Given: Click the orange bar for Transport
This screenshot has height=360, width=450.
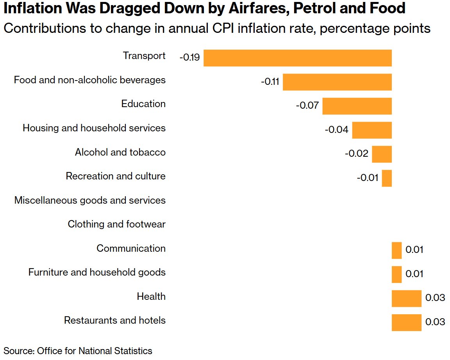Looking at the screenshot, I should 297,58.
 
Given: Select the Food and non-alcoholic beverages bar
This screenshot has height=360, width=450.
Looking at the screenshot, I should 337,82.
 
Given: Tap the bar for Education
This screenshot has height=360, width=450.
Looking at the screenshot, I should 357,106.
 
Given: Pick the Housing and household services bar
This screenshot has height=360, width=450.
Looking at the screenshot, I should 371,130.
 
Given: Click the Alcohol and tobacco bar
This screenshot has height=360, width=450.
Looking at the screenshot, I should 382,154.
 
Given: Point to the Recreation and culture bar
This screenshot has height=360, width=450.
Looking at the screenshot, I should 387,178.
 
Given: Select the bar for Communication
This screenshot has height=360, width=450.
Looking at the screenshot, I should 396,250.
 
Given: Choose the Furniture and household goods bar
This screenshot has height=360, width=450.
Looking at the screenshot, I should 396,274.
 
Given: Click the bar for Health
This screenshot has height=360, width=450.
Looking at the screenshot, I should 406,299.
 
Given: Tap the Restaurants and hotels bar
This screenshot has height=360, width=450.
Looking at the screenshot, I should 406,322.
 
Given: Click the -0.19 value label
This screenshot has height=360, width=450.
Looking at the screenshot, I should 190,58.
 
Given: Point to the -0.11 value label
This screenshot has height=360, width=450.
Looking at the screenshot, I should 270,82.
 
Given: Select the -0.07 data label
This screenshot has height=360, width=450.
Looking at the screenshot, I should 308,106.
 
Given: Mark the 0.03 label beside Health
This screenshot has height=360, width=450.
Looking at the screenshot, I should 435,298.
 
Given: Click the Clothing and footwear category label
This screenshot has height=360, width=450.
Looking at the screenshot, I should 116,224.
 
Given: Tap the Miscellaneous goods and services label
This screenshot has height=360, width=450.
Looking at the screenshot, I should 90,201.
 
